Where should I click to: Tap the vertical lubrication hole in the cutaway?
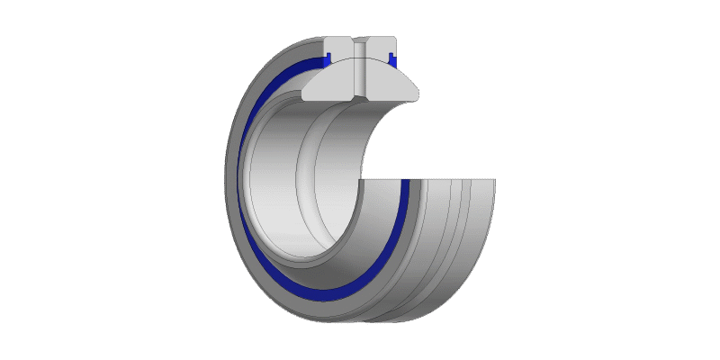pos(360,72)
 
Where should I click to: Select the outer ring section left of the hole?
pos(338,49)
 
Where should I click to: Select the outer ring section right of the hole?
pos(382,49)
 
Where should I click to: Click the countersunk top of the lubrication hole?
pos(360,41)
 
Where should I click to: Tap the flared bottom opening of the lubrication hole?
pos(360,94)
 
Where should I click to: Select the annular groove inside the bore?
pos(310,180)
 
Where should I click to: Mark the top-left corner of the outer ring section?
pos(323,38)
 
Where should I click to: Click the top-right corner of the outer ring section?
pos(397,38)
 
